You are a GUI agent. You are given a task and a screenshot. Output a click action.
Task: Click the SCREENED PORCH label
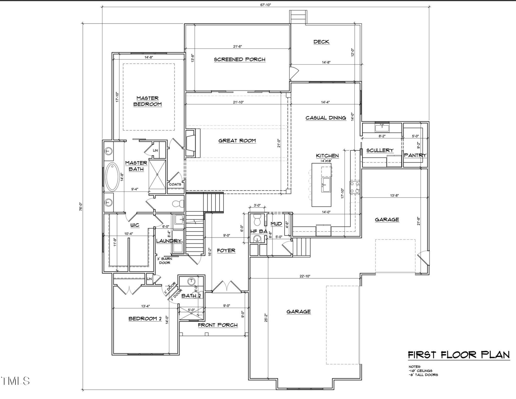point(239,59)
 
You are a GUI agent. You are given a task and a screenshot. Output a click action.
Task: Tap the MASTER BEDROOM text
point(147,101)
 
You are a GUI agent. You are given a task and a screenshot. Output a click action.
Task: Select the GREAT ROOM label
point(237,141)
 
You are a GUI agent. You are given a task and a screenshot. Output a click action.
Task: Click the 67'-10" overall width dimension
point(265,5)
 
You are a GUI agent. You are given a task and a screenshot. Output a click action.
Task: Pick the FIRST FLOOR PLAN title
point(459,355)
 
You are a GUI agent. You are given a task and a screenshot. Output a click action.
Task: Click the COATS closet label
point(175,184)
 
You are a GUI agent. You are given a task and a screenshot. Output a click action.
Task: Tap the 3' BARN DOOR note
point(165,261)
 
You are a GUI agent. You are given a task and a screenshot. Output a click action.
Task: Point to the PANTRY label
point(415,155)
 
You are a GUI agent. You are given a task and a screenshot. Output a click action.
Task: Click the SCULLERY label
point(380,150)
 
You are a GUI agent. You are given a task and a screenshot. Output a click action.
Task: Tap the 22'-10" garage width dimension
point(305,276)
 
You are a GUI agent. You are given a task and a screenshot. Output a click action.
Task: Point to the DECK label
point(321,42)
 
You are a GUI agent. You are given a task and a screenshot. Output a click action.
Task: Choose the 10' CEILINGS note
point(420,371)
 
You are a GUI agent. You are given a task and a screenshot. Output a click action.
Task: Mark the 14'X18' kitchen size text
point(326,161)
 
